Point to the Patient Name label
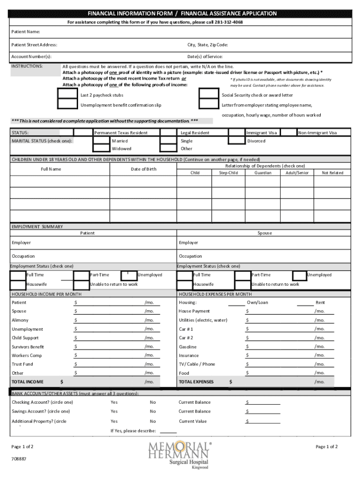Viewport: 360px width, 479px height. pos(26,32)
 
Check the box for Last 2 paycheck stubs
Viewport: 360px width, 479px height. pos(67,95)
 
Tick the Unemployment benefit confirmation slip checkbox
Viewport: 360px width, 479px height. pos(67,105)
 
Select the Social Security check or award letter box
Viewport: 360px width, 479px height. pos(208,95)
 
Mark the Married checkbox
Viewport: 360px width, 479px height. pos(101,140)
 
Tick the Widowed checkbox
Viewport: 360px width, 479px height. pos(101,149)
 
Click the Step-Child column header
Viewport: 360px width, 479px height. pos(228,173)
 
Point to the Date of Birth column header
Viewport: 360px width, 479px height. pos(144,169)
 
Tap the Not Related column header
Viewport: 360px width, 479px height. pos(332,173)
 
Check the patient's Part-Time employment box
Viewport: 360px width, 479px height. pos(81,275)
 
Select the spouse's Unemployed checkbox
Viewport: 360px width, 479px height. pos(300,275)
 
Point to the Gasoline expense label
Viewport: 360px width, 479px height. pos(187,347)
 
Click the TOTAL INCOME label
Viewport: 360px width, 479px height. pos(27,382)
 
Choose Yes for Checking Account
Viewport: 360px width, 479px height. pos(114,402)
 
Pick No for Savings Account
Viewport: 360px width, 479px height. pos(153,411)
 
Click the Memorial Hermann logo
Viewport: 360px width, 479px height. pos(180,454)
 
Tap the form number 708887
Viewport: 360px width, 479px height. pos(19,459)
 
